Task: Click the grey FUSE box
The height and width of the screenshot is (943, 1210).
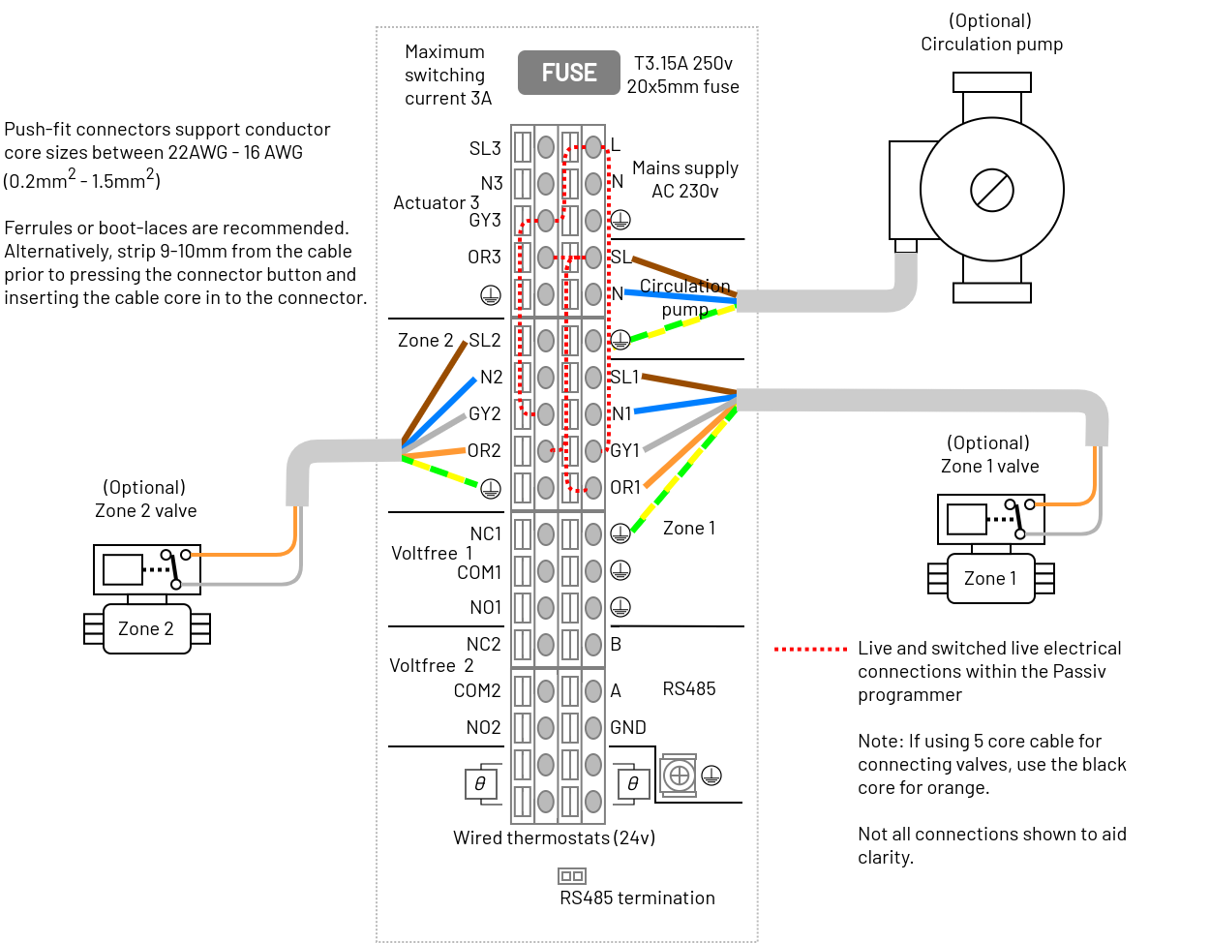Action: [x=568, y=73]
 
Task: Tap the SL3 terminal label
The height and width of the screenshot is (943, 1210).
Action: [x=484, y=148]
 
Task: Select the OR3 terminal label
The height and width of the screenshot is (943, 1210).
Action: [x=483, y=257]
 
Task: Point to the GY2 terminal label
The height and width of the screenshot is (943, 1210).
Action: [x=484, y=413]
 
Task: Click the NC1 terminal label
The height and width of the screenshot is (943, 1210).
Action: [x=485, y=533]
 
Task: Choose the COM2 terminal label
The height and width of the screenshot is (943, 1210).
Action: [x=476, y=690]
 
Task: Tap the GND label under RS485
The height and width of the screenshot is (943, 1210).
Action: [x=627, y=727]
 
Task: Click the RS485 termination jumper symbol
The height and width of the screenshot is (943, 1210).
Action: [x=571, y=875]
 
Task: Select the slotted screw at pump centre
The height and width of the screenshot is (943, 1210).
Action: [x=991, y=190]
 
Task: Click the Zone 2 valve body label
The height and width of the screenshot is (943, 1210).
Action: [x=146, y=628]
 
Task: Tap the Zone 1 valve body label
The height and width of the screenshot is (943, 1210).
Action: [x=989, y=578]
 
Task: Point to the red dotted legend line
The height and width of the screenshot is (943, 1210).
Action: [x=810, y=649]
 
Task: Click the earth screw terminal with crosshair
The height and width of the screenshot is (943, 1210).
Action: [x=679, y=775]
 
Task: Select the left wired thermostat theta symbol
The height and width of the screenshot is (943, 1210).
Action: [x=480, y=784]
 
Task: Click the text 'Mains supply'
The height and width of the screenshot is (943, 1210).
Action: [x=684, y=168]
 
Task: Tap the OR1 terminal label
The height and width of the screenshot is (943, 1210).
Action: [x=624, y=487]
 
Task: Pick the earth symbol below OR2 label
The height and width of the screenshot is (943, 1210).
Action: [x=490, y=489]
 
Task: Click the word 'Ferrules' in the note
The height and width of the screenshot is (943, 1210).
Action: [x=38, y=228]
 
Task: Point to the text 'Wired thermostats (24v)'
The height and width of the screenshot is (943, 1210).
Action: [x=554, y=837]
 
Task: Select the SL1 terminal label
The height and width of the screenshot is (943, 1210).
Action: [x=624, y=377]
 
